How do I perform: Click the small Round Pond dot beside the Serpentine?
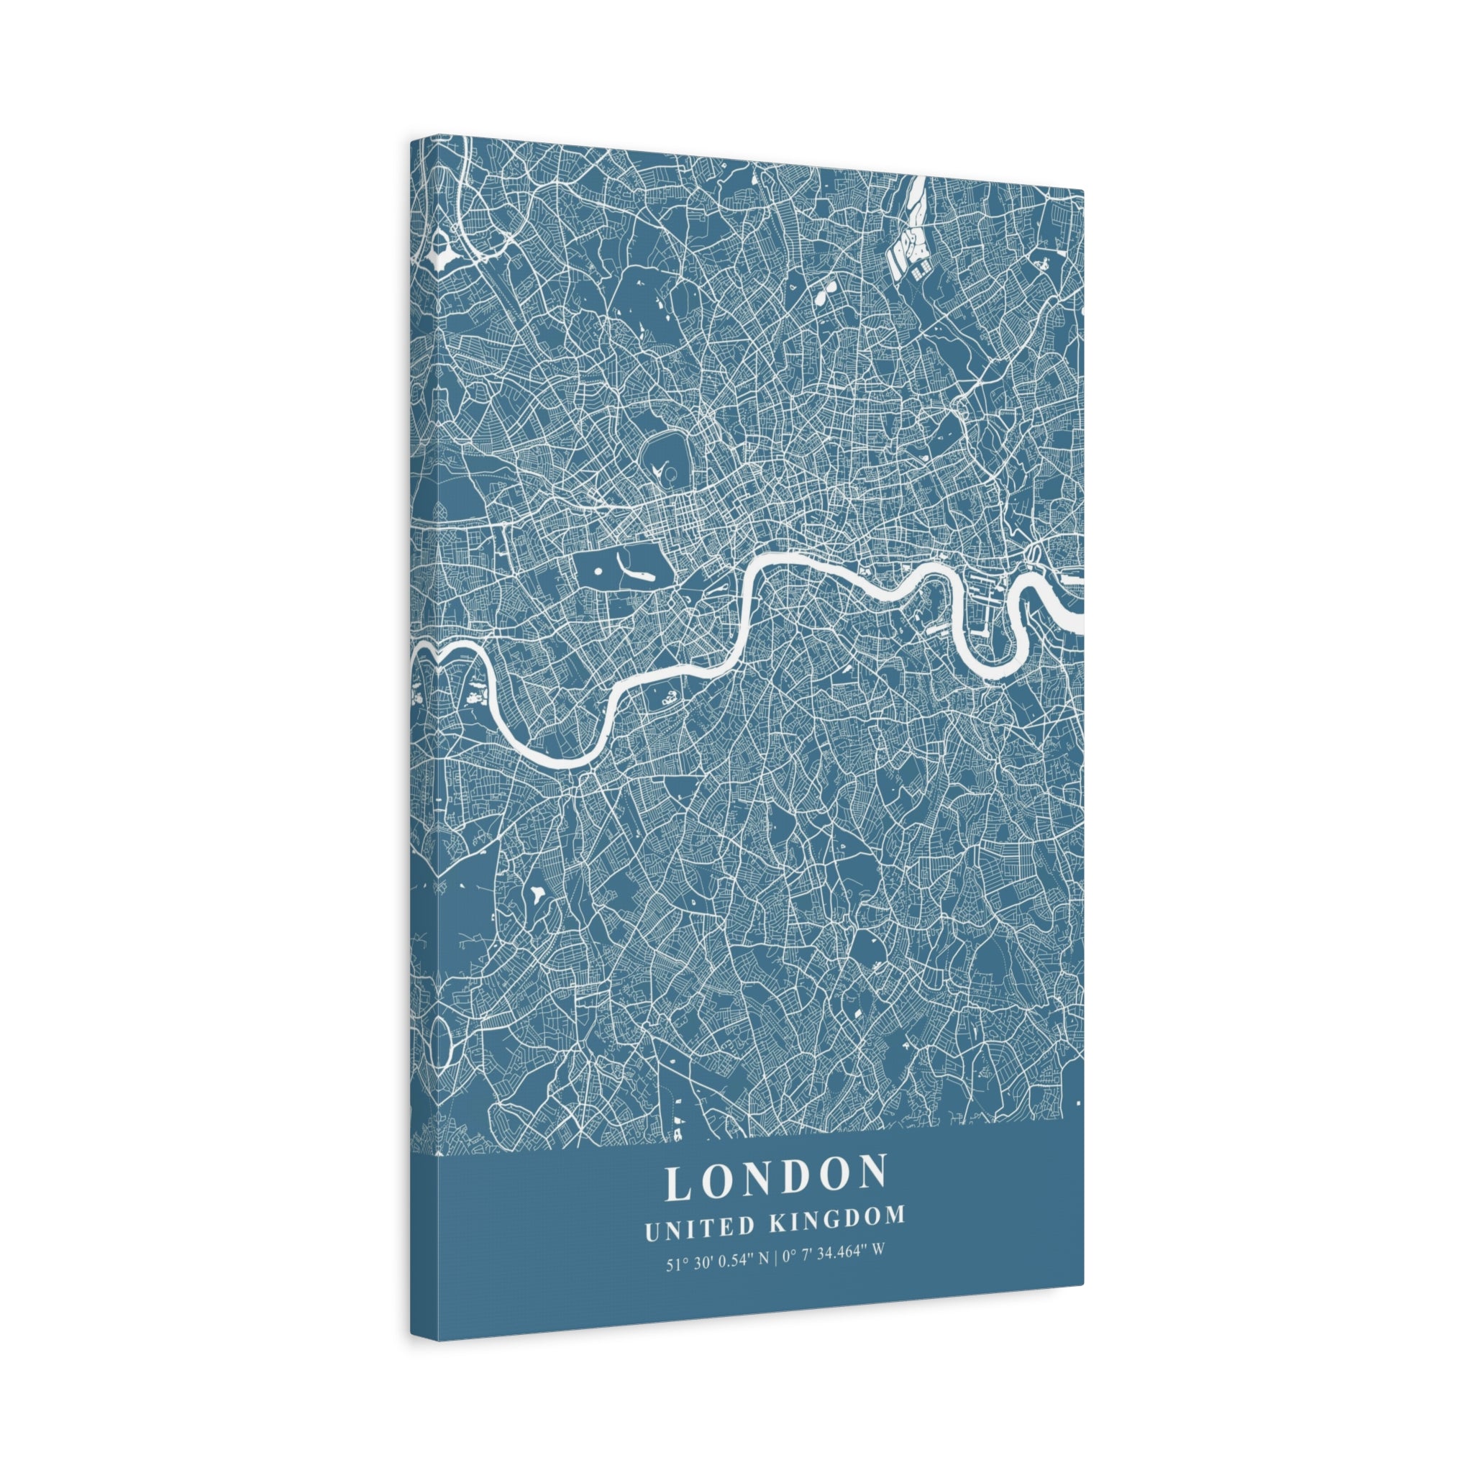[x=598, y=570]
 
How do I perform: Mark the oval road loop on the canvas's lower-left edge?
[x=440, y=1039]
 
